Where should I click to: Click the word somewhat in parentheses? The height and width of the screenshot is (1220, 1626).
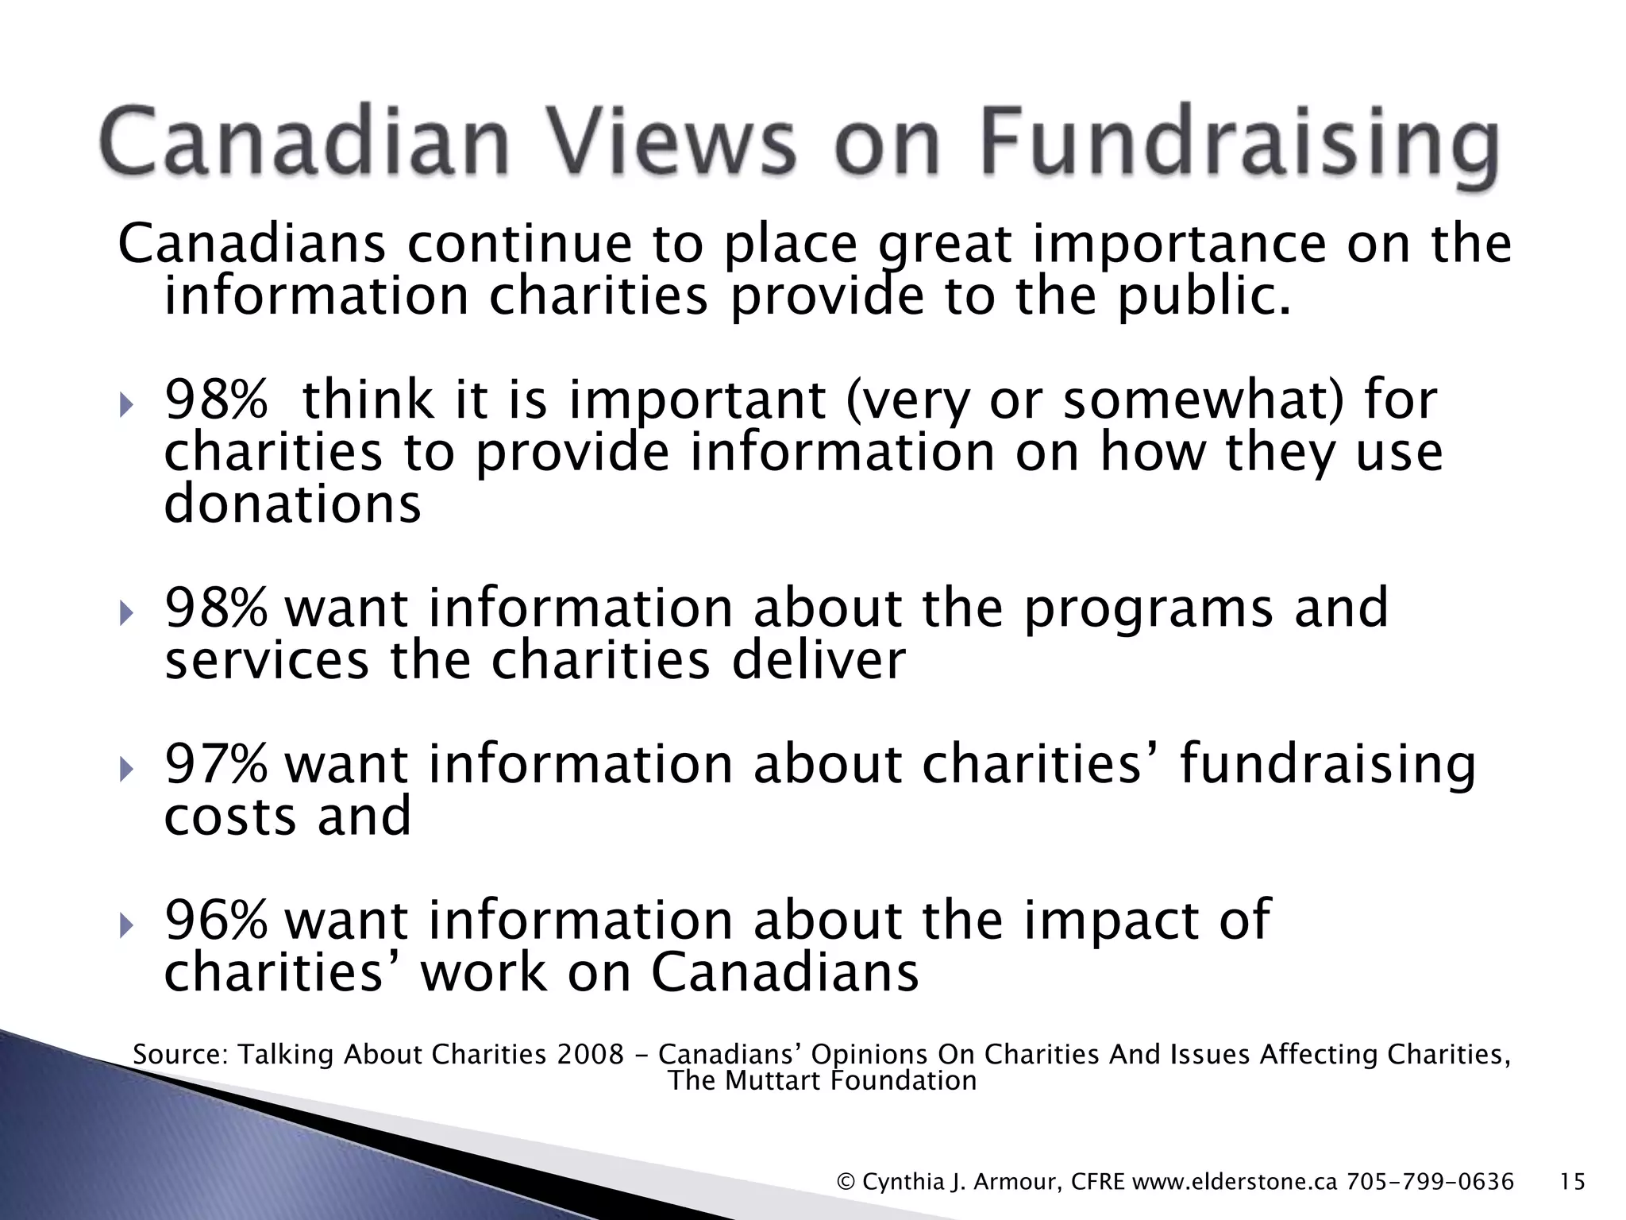(x=1194, y=399)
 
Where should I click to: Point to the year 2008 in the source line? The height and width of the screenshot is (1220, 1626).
(x=591, y=1055)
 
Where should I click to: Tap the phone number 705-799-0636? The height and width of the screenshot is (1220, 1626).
(x=1430, y=1182)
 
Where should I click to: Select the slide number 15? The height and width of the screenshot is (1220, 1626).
(x=1572, y=1182)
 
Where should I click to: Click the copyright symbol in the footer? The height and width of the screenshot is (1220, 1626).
(x=846, y=1183)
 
